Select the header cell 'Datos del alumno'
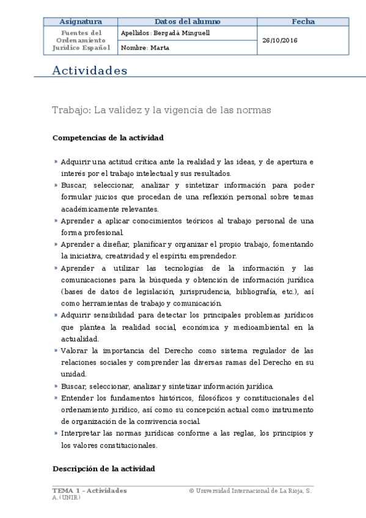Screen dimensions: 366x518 pos(188,21)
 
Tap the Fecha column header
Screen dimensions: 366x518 pos(303,21)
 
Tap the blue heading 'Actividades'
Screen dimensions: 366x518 pos(90,71)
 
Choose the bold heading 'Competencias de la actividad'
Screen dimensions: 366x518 pos(108,138)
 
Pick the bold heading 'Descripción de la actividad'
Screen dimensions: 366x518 pos(104,469)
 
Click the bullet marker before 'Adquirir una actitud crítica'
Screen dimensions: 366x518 pos(56,162)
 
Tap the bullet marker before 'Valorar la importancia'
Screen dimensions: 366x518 pos(56,351)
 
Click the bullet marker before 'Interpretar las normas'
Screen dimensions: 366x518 pos(56,433)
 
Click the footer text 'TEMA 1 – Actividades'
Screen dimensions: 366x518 pos(90,491)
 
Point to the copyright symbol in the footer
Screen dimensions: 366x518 pos(191,491)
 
